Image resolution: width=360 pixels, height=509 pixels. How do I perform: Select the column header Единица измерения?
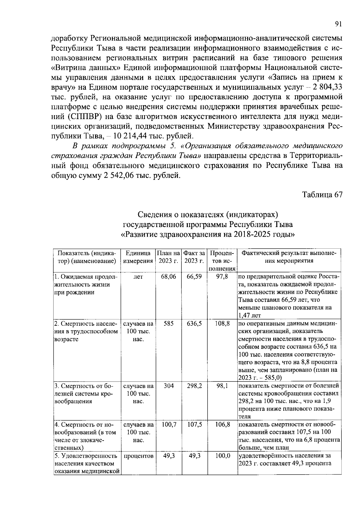pos(138,257)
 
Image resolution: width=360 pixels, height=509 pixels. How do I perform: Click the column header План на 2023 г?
pos(169,257)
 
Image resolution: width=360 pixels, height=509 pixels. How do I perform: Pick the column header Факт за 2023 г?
pos(194,257)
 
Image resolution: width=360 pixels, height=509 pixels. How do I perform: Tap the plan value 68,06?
pos(169,277)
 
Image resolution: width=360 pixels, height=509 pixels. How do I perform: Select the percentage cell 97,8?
pos(222,277)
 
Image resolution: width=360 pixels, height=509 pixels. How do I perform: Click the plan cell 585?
pos(169,324)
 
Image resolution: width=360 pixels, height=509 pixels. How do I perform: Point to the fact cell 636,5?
pos(194,324)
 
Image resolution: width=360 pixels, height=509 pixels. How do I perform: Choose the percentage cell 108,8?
pos(222,324)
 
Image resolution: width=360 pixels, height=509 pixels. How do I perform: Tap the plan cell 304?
pos(169,386)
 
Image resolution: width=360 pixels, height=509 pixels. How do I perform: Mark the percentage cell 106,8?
pos(222,425)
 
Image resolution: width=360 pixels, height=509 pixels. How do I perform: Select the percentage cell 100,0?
pos(222,456)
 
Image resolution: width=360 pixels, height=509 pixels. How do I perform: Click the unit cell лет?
pos(138,277)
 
